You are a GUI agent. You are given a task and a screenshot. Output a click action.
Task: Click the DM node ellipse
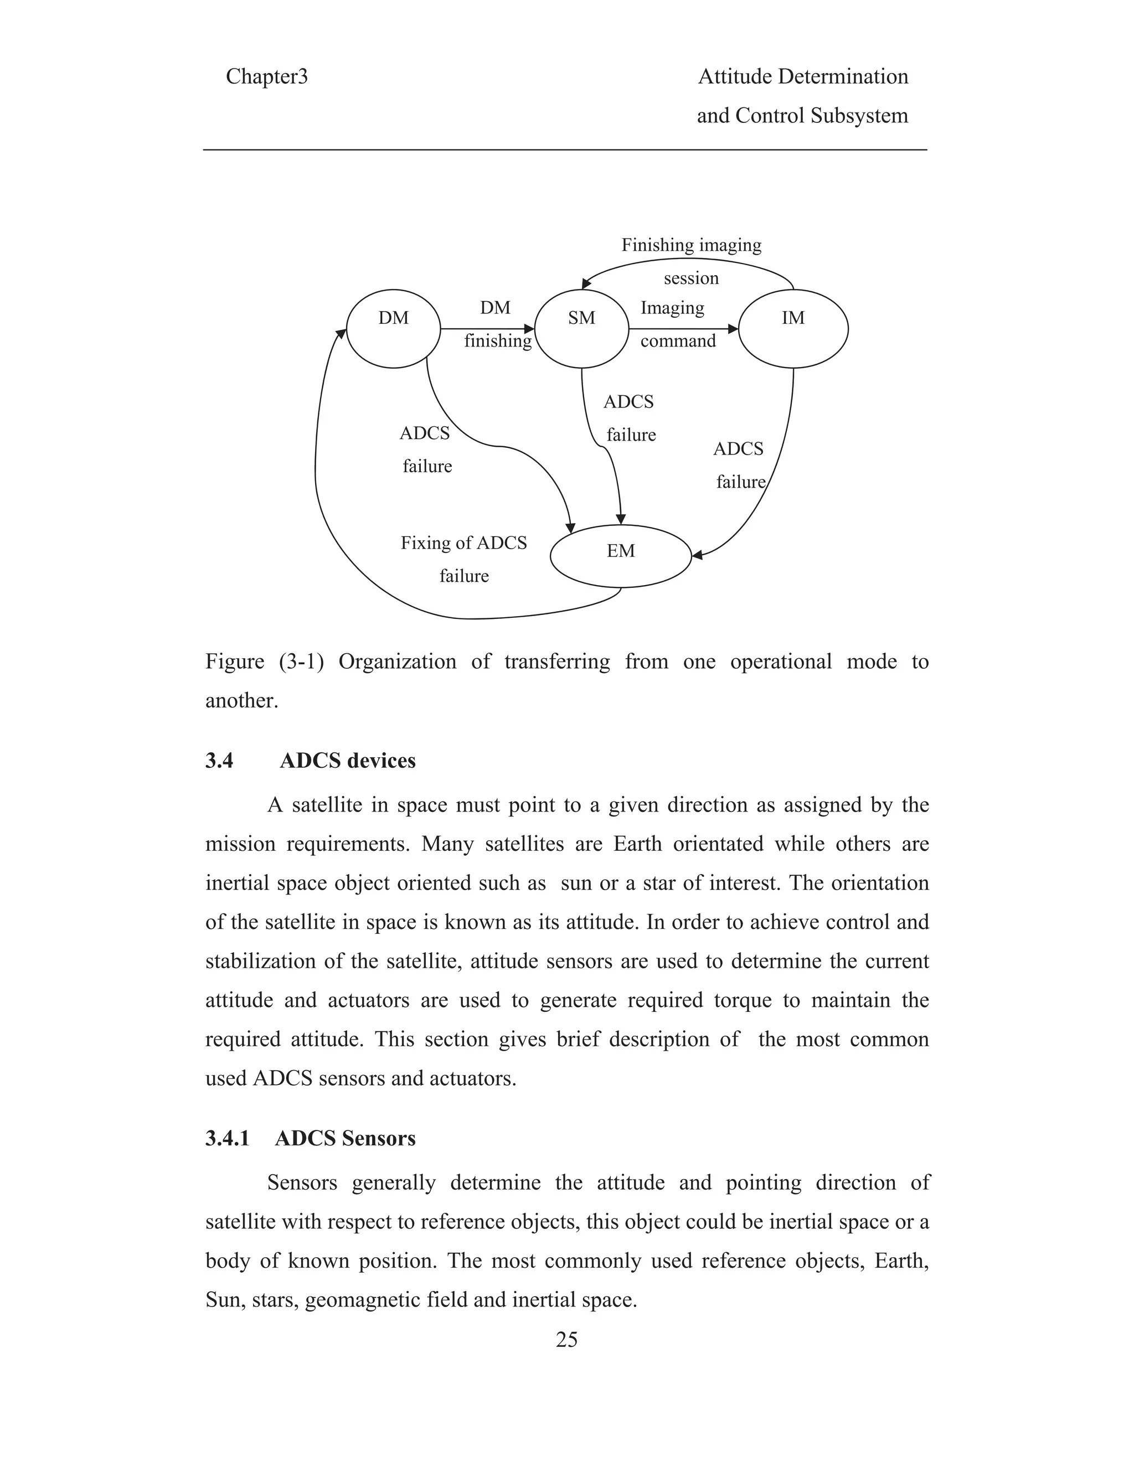pos(393,328)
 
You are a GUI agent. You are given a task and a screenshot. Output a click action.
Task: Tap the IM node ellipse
pos(793,328)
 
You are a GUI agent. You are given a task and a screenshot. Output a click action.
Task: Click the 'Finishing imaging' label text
pos(691,245)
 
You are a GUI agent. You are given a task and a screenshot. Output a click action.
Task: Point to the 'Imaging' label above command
pos(672,308)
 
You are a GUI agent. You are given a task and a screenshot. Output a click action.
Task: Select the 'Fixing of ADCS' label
pos(463,543)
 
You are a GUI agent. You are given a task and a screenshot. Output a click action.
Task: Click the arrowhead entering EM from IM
pos(697,555)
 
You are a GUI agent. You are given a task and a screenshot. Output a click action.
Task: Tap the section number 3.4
pos(219,761)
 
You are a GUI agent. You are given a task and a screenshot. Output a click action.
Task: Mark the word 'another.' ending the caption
pos(241,701)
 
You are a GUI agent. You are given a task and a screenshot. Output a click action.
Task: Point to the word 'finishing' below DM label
pos(498,341)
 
